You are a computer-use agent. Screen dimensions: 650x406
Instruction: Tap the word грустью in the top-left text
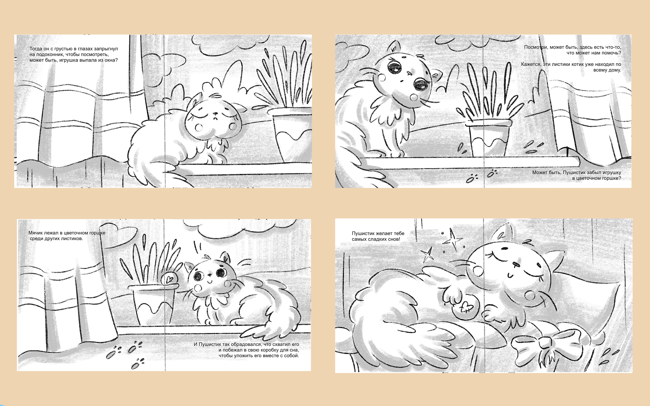point(63,49)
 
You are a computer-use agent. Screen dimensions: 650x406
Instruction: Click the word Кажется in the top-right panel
point(531,64)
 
